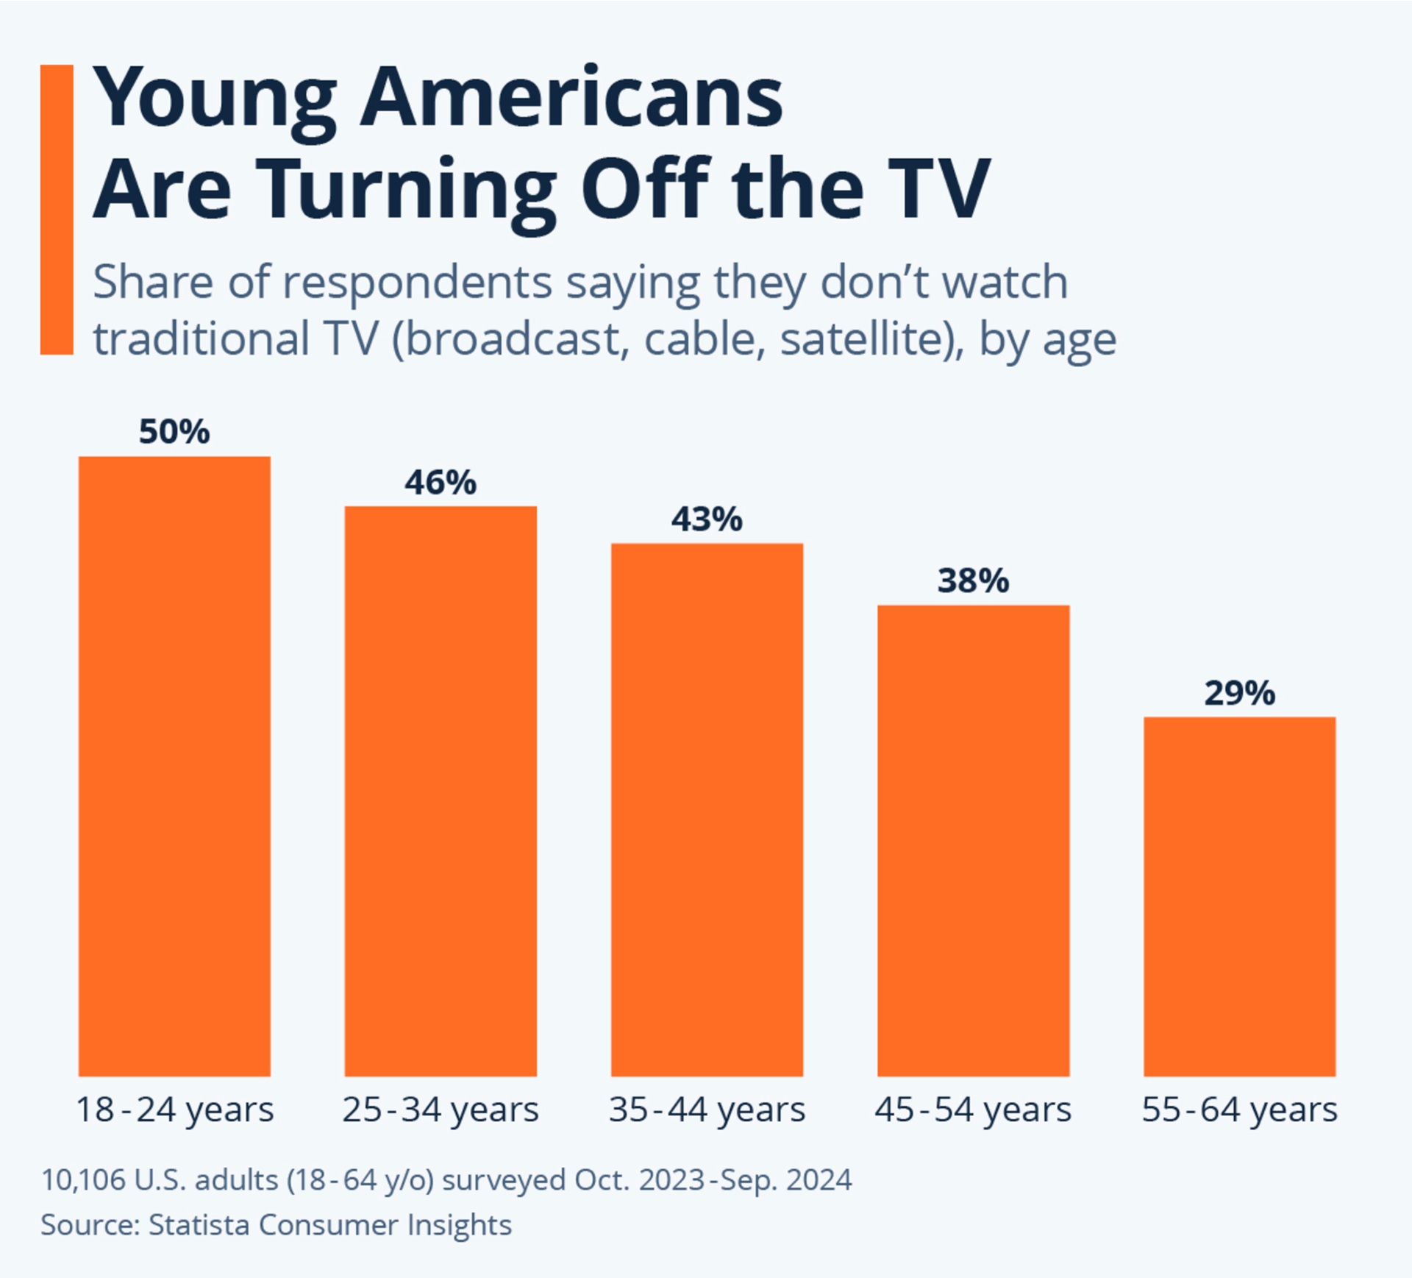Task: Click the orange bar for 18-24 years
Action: click(174, 766)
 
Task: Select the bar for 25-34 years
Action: click(441, 791)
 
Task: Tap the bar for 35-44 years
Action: click(707, 809)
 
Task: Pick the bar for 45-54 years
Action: click(973, 840)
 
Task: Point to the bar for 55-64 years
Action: click(1239, 896)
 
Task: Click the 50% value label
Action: click(174, 432)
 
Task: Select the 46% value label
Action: click(441, 483)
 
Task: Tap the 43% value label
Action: click(707, 519)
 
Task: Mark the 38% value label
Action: click(973, 581)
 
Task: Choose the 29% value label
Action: click(1239, 693)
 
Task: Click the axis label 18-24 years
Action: click(174, 1110)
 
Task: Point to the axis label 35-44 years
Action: click(707, 1110)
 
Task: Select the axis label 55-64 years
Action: click(1239, 1110)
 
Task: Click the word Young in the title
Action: click(214, 99)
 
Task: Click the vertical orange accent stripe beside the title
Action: click(57, 210)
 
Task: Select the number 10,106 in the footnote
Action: click(83, 1180)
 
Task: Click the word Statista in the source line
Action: click(199, 1225)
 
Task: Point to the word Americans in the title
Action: click(571, 99)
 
